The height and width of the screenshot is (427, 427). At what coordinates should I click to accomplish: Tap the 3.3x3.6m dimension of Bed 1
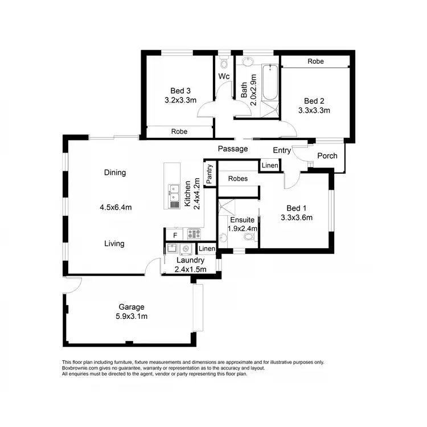click(297, 217)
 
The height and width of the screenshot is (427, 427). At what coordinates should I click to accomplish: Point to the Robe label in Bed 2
click(316, 61)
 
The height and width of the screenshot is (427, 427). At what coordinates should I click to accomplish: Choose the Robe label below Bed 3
click(179, 132)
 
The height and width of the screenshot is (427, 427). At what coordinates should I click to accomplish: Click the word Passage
click(233, 149)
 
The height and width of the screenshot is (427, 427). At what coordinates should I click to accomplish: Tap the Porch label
click(327, 155)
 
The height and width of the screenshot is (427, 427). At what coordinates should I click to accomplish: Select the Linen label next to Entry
click(270, 166)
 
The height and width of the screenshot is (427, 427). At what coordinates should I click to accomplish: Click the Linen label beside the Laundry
click(207, 249)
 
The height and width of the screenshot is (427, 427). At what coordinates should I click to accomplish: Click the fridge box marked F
click(174, 233)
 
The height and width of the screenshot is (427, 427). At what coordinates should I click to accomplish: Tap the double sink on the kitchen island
click(174, 190)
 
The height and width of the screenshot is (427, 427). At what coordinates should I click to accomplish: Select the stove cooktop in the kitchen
click(194, 232)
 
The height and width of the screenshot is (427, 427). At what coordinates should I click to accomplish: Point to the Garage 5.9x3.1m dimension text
click(131, 317)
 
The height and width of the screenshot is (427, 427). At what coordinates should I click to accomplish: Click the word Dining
click(114, 173)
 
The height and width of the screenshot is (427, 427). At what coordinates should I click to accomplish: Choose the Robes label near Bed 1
click(237, 178)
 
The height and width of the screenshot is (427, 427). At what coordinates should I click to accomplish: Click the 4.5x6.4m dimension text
click(116, 207)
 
